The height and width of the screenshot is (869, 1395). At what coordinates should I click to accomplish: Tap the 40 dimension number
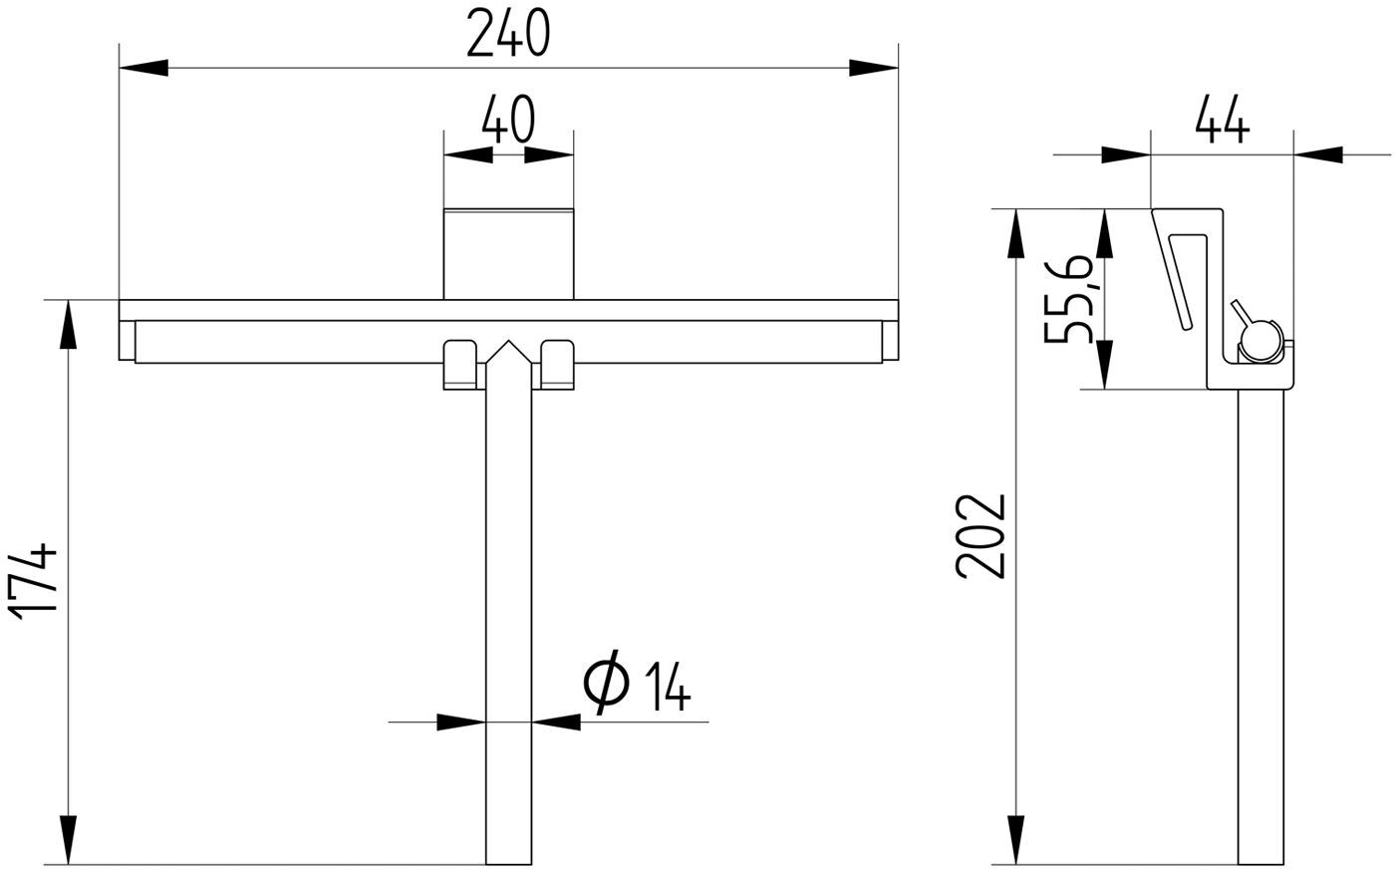pos(508,119)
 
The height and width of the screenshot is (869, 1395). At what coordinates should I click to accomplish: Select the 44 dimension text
pos(1222,119)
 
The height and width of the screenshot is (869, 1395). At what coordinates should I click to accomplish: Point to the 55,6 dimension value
pos(1068,299)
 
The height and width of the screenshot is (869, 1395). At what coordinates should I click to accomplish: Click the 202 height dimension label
pos(980,537)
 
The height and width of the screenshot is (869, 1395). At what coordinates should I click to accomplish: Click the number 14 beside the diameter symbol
pos(668,687)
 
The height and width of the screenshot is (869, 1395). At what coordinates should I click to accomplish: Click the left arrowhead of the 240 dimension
pos(143,68)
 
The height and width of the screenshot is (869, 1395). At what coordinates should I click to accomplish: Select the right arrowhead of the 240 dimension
pos(874,68)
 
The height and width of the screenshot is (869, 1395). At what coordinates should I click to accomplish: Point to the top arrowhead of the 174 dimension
pos(69,324)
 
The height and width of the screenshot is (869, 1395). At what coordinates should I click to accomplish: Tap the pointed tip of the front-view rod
pos(509,342)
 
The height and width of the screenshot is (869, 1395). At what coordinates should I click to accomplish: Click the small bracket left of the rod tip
pos(459,365)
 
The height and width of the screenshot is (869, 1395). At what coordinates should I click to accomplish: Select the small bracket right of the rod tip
pos(557,365)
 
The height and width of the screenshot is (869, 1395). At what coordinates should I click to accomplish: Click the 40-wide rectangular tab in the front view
pos(508,254)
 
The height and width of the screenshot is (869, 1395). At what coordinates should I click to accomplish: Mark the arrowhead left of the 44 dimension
pos(1126,154)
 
